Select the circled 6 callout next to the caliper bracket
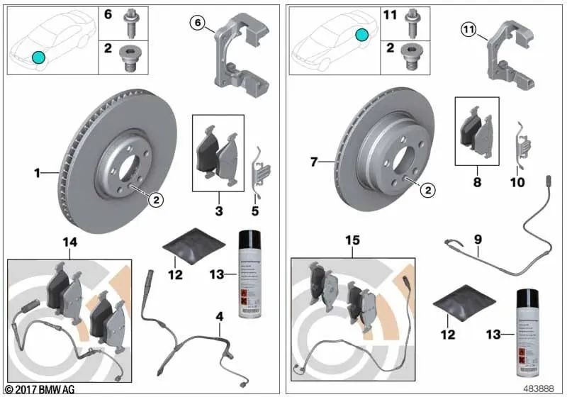(x=196, y=23)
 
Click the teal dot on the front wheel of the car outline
(x=38, y=57)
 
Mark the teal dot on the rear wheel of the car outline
(x=362, y=34)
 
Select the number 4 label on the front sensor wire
(x=220, y=328)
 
